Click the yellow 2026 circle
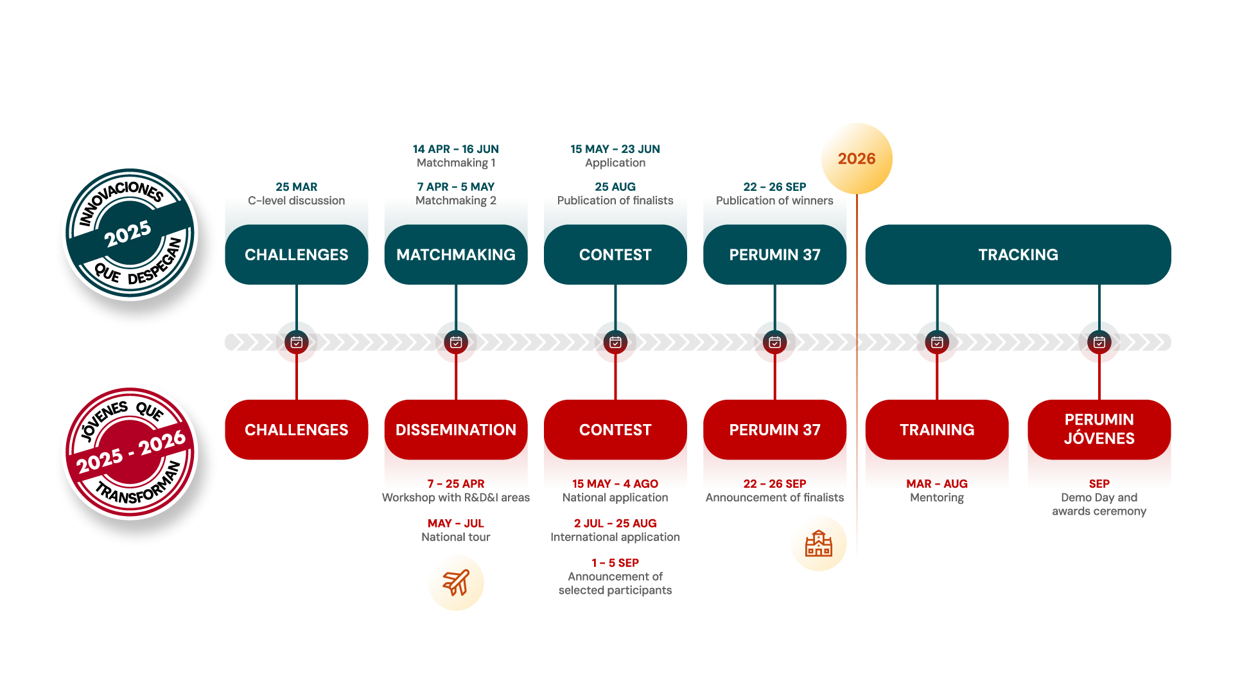tap(857, 159)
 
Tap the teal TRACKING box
tap(1018, 254)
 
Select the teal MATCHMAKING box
tap(456, 254)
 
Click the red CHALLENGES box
tap(296, 430)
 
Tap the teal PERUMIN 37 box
tap(774, 254)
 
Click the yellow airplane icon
tap(456, 583)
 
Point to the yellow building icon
tap(819, 543)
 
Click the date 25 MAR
tap(296, 187)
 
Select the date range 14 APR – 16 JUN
tap(455, 149)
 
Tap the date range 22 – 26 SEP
tap(774, 187)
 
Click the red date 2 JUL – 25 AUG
tap(615, 524)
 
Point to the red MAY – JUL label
tap(456, 524)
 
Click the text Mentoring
tap(937, 498)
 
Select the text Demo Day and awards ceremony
tap(1099, 504)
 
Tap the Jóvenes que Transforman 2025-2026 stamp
tap(132, 453)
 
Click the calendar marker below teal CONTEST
tap(615, 343)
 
